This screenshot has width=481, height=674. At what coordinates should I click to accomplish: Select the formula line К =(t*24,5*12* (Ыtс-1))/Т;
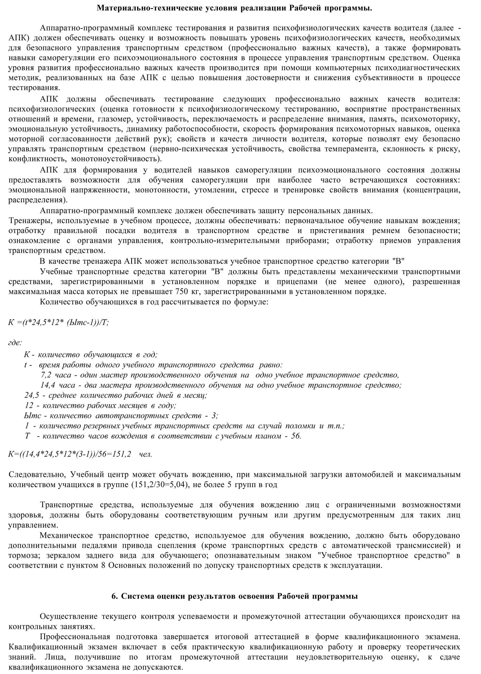click(x=59, y=322)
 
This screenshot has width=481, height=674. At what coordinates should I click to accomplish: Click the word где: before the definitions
click(x=15, y=343)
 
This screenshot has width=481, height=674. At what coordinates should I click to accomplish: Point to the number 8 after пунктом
click(x=103, y=565)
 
